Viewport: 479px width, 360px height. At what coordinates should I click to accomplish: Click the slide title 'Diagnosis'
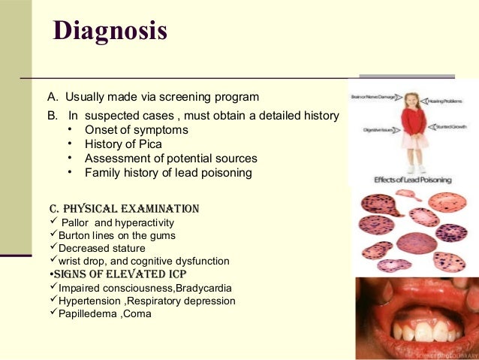110,32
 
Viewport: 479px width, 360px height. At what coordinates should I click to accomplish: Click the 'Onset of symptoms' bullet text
136,130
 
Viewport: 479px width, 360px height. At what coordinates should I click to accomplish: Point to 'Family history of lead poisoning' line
168,173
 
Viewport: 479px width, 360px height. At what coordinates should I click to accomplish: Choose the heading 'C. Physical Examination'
124,208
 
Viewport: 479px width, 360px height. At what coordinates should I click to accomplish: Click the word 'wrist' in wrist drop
70,261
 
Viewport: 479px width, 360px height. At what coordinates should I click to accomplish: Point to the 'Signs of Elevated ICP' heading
117,274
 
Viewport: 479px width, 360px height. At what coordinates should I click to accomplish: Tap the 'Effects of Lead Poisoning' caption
411,180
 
